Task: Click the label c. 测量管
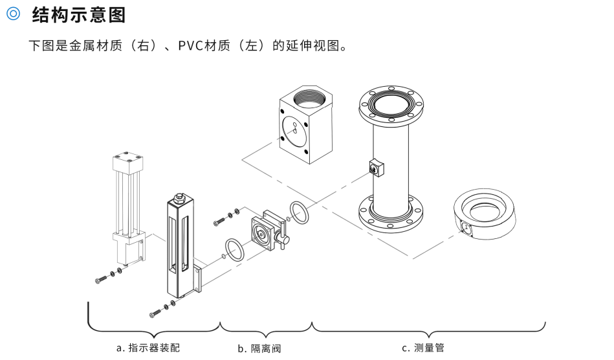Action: pos(422,348)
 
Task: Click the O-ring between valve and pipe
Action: pos(299,210)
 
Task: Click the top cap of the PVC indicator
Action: pos(127,159)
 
